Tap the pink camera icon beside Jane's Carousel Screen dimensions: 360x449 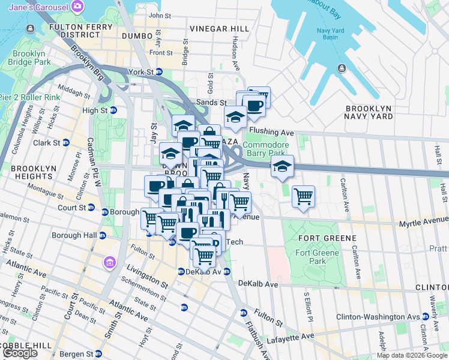[77, 7]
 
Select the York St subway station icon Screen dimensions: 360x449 [159, 72]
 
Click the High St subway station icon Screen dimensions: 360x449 [112, 110]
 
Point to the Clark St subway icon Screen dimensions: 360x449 [66, 143]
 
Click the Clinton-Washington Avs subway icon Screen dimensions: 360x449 [425, 316]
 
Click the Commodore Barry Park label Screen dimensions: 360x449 [266, 148]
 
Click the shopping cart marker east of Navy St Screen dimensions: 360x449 [304, 197]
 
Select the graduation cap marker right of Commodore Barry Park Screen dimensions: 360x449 [281, 167]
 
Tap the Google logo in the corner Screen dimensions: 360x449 [20, 353]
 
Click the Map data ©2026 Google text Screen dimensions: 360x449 [411, 355]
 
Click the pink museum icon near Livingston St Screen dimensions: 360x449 [109, 263]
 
